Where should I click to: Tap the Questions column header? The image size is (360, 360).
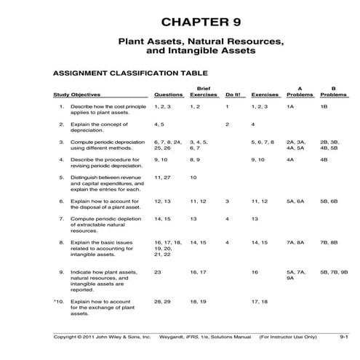[x=168, y=95]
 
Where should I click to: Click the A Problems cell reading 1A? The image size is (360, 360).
[x=290, y=107]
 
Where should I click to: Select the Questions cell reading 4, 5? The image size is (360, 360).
[x=160, y=124]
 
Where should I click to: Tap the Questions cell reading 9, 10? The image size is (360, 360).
[x=161, y=159]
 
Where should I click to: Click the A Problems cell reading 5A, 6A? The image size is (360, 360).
[x=295, y=200]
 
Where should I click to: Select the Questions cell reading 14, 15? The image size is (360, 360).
[x=163, y=218]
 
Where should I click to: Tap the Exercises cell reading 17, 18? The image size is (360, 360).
[x=260, y=300]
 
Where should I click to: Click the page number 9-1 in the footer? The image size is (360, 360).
[x=344, y=337]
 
